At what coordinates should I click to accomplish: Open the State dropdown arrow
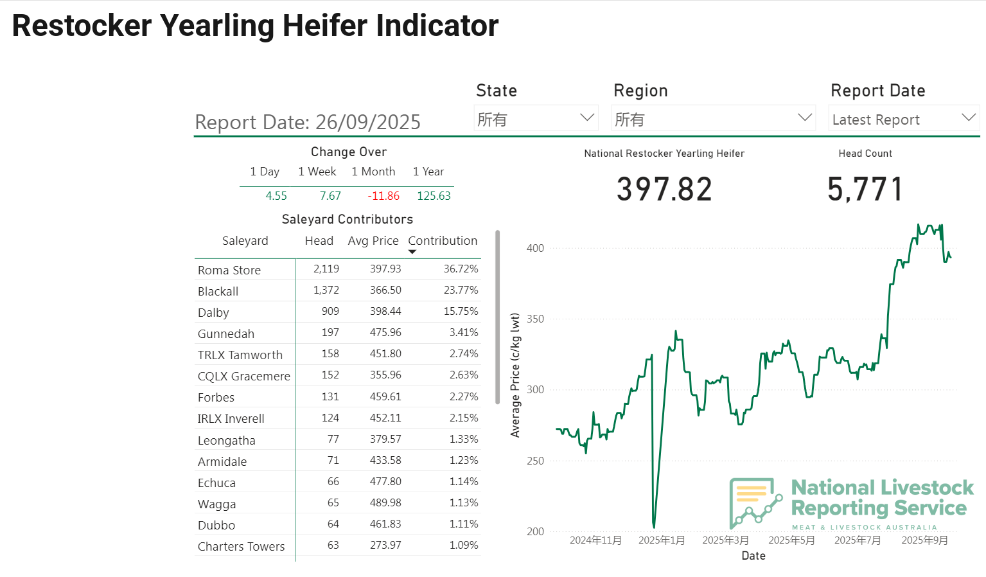coord(586,118)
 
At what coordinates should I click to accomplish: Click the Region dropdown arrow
coord(804,118)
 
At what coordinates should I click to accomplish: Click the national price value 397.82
coord(664,190)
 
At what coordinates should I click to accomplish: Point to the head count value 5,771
coord(865,190)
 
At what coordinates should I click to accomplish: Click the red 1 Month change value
coord(383,196)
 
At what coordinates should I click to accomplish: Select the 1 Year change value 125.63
coord(434,196)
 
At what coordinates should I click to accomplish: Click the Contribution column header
coord(443,241)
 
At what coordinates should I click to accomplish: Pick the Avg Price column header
coord(373,241)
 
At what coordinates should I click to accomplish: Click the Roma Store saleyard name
coord(229,271)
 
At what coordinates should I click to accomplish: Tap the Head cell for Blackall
coord(326,290)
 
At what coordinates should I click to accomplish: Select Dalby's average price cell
coord(385,312)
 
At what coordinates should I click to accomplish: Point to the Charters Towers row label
coord(241,547)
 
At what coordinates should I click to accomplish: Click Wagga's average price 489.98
coord(385,503)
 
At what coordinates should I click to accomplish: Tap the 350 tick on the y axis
coord(535,319)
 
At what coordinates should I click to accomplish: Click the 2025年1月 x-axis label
coord(662,540)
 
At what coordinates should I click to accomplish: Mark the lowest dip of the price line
coord(654,526)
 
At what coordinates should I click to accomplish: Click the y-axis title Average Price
coord(515,375)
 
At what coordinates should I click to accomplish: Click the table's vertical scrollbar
coord(497,317)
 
